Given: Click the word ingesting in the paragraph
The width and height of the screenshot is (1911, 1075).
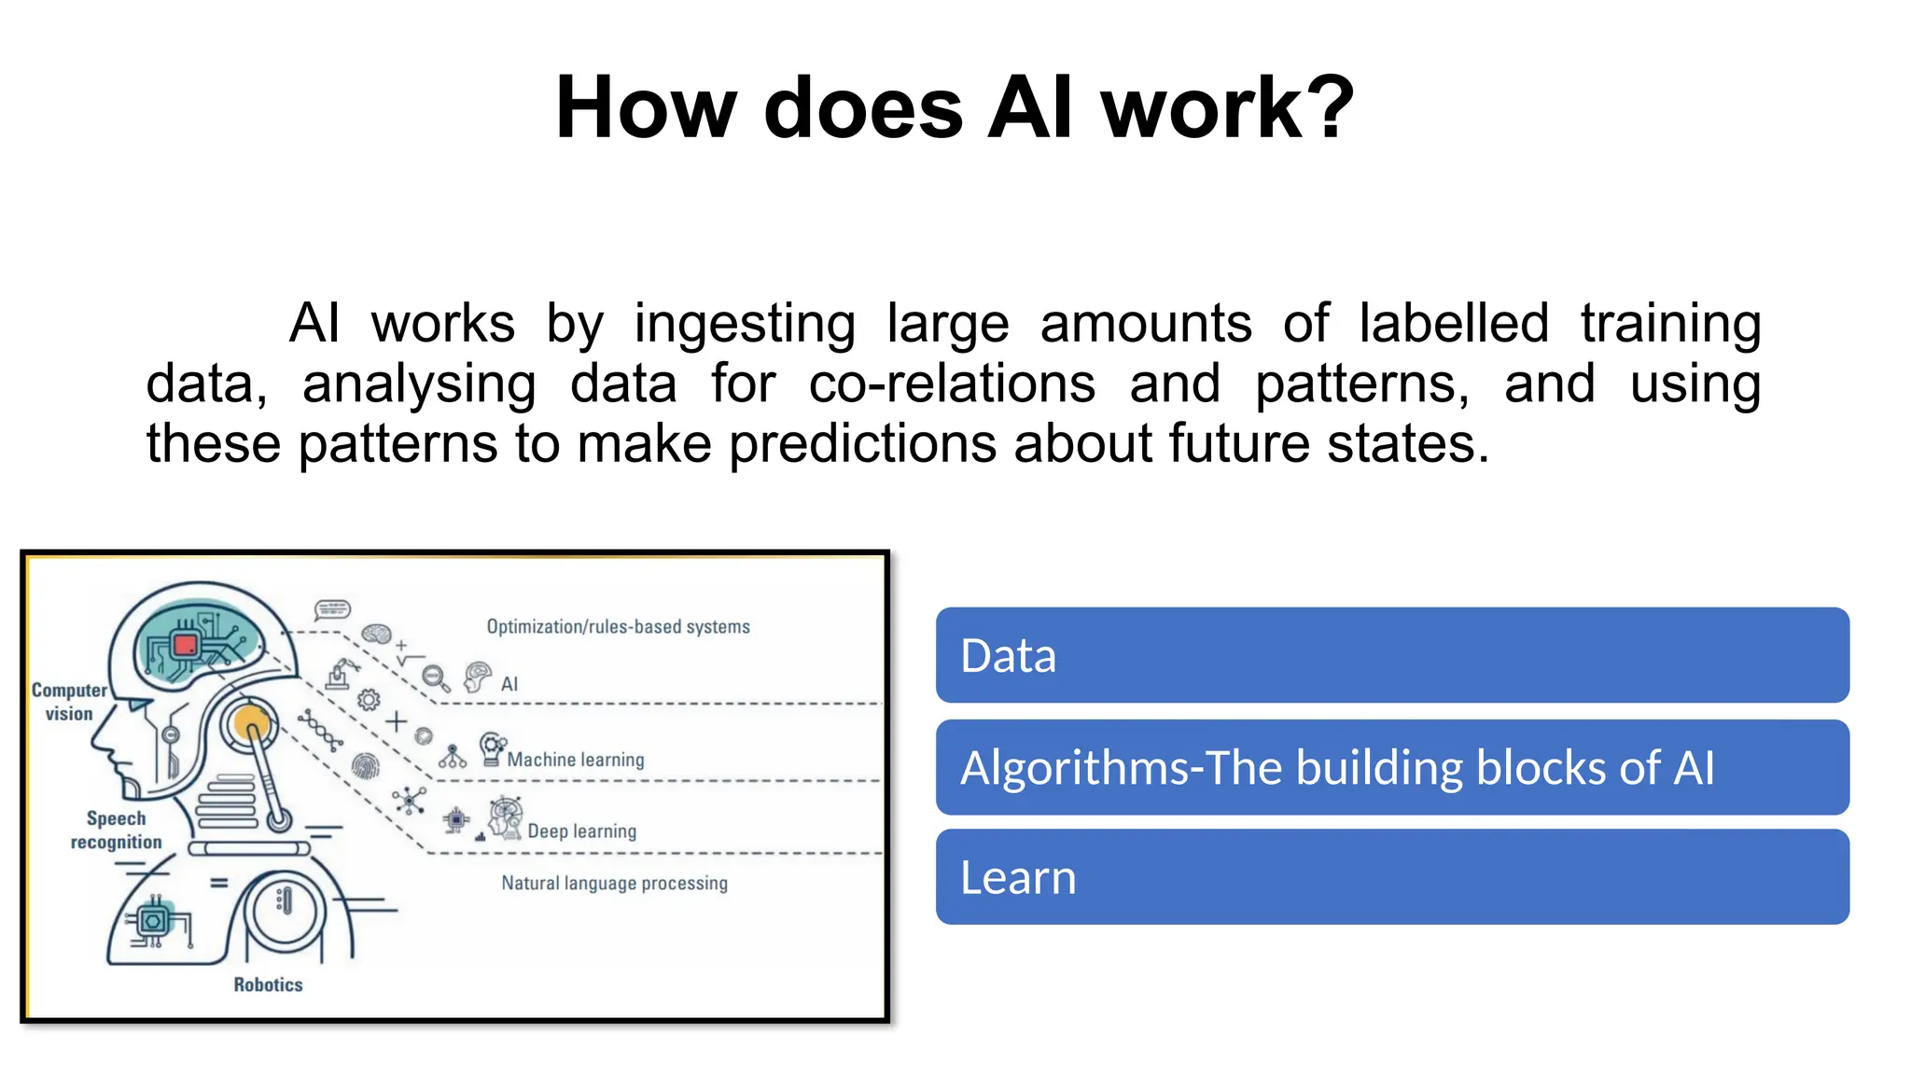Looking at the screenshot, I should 745,325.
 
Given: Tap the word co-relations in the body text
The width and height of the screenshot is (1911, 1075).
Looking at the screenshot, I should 952,384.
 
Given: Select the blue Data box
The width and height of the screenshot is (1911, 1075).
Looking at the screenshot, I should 1391,655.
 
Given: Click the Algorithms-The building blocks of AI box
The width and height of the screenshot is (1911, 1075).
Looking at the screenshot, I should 1391,767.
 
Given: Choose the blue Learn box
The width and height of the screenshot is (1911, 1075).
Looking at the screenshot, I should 1391,877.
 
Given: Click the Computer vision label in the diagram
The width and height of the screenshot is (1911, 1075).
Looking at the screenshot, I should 69,702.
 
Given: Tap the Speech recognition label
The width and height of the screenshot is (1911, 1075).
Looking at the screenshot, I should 116,830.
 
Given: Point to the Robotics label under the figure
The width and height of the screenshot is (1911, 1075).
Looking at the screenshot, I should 268,984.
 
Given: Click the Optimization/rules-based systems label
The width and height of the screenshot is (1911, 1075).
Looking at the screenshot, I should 618,627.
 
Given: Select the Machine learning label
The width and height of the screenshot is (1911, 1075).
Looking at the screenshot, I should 575,760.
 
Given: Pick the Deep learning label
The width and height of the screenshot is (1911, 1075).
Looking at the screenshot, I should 581,831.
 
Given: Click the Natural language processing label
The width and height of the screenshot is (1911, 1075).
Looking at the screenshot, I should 614,883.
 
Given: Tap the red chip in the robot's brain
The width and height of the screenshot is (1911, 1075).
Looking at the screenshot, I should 186,645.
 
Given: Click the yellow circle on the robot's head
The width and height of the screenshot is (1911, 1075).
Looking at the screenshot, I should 249,722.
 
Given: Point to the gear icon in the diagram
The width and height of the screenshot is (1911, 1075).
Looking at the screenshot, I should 369,700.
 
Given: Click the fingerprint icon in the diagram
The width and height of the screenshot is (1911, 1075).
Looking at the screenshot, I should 366,767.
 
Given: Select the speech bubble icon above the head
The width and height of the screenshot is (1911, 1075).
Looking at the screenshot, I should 332,610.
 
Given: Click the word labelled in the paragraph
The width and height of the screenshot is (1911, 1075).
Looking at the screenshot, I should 1454,325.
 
